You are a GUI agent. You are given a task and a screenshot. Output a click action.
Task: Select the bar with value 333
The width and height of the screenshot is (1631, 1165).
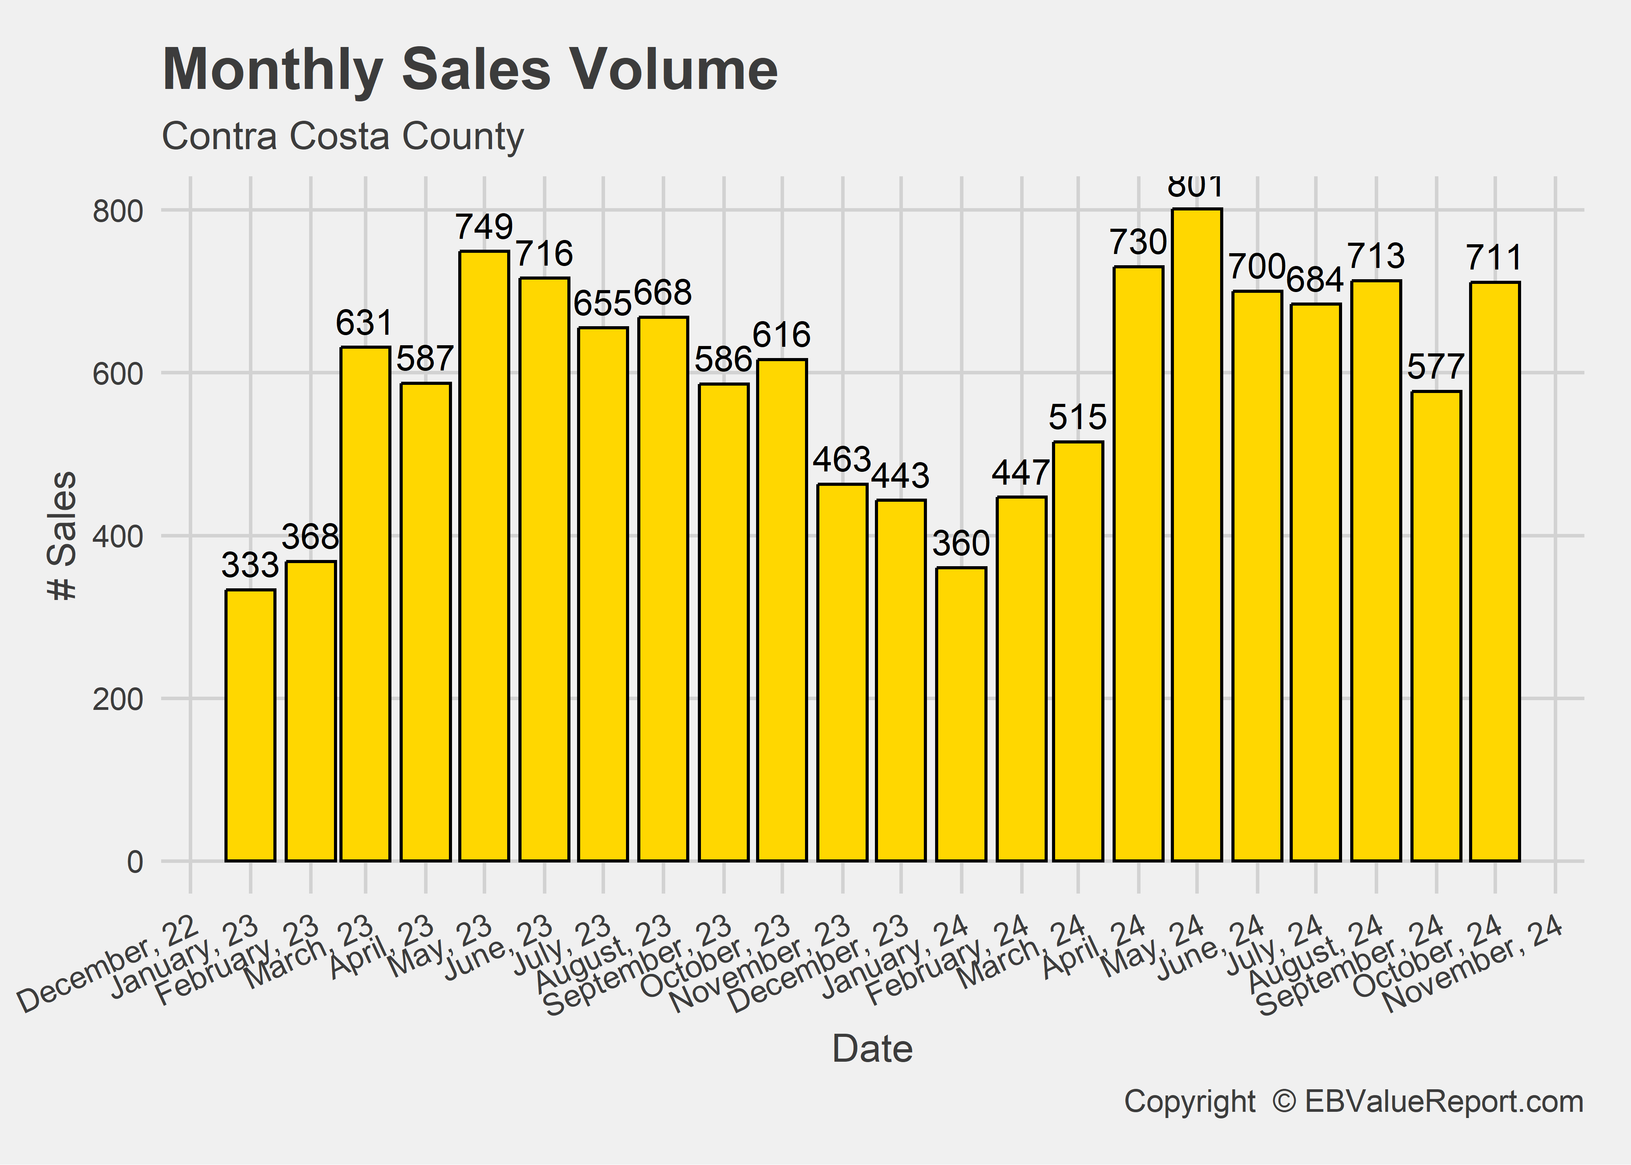pos(250,725)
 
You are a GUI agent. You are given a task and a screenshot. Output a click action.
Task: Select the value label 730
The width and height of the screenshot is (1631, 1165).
pos(1138,242)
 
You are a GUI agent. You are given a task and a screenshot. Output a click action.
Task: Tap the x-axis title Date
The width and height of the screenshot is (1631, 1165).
pos(872,1050)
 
